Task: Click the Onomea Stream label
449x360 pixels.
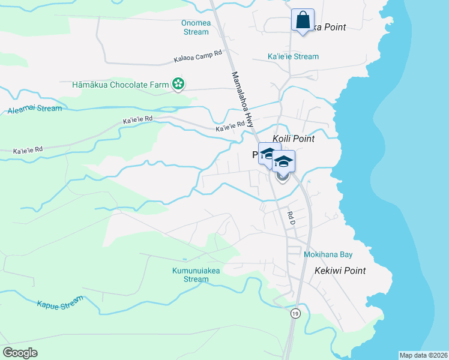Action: pos(196,28)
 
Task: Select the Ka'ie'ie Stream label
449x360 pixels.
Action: pos(293,56)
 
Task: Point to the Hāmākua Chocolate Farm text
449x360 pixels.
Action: pos(120,85)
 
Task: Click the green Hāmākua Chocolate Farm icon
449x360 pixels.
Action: pos(178,85)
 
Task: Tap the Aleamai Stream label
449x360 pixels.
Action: pos(35,109)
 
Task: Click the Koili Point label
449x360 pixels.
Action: pos(294,139)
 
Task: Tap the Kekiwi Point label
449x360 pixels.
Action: pos(340,271)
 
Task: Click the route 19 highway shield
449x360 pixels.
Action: pos(295,313)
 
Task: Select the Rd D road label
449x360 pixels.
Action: pos(292,218)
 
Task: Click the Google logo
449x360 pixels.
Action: pos(20,353)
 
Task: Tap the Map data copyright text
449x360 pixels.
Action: pos(423,355)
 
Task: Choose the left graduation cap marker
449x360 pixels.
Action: pos(269,152)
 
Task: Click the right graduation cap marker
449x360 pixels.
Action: pos(283,161)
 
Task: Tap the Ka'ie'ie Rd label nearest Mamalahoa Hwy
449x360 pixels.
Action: pos(231,127)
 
